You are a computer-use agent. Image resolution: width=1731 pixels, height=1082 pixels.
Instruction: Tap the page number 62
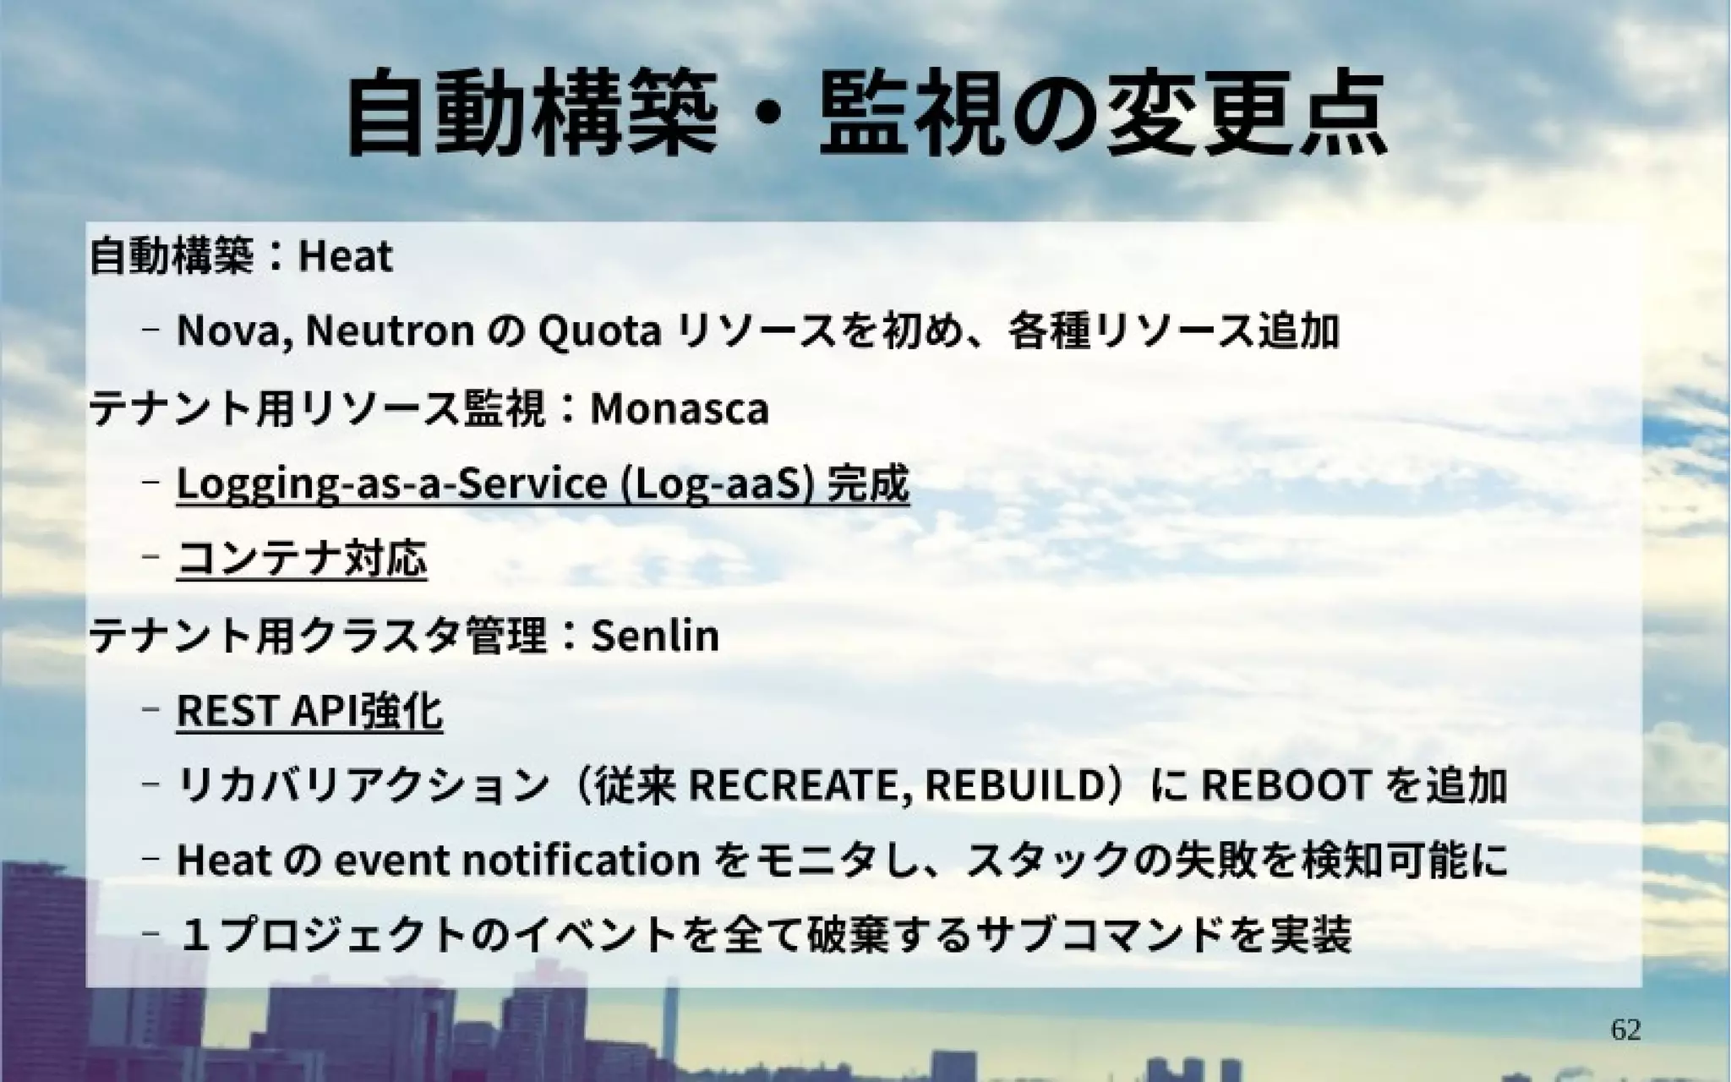pos(1625,1030)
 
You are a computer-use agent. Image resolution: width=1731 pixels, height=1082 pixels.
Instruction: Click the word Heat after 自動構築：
pos(346,256)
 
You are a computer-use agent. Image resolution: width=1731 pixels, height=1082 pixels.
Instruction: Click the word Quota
pos(598,331)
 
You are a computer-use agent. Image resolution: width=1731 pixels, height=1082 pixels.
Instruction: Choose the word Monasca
pos(680,408)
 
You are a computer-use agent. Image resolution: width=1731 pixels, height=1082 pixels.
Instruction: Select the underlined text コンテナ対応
pos(302,559)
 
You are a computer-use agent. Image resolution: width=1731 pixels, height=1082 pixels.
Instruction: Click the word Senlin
pos(655,636)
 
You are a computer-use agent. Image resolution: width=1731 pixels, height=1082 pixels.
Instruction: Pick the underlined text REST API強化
pos(309,711)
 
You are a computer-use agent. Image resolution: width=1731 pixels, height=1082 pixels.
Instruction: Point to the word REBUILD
pos(1016,785)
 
